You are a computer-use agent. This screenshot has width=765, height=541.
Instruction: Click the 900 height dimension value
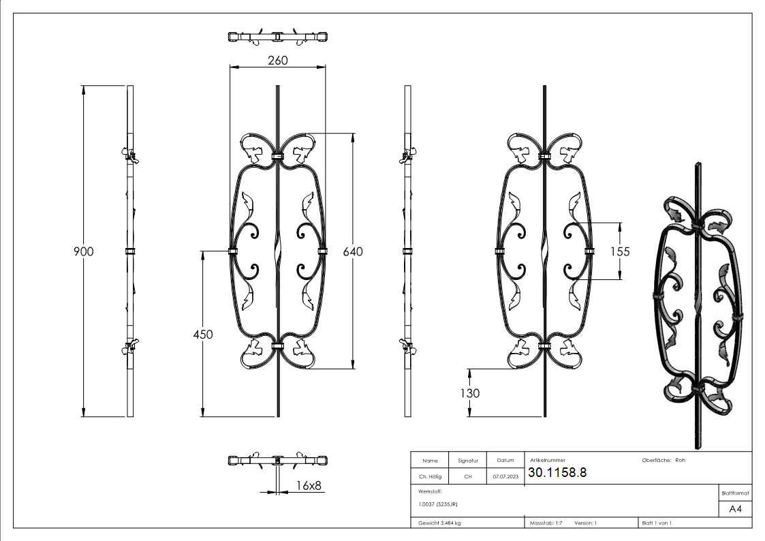pos(83,251)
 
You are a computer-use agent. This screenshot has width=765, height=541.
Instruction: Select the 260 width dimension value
pos(277,60)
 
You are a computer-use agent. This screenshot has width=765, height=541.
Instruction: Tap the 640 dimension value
pos(353,251)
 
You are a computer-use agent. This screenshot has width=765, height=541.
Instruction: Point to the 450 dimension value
pos(202,335)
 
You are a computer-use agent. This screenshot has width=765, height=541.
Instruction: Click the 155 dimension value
pos(620,251)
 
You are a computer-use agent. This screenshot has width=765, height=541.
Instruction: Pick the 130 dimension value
pos(469,393)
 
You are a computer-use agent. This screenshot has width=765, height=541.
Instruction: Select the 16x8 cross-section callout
pos(309,485)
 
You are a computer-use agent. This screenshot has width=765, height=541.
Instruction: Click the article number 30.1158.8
pos(557,472)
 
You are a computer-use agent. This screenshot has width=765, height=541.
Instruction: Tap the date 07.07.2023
pos(505,477)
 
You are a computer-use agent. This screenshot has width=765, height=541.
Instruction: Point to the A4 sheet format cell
pos(735,509)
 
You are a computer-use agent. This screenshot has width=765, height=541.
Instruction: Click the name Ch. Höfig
pos(430,477)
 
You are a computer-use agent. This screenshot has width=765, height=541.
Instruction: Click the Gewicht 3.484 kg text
pos(439,523)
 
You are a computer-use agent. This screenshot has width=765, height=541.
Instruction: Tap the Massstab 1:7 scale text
pos(546,523)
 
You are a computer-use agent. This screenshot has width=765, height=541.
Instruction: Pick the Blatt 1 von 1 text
pos(657,523)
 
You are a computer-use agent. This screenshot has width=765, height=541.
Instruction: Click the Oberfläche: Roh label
pos(663,460)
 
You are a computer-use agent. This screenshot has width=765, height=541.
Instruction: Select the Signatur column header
pos(467,461)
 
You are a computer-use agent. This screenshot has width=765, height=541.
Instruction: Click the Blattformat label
pos(735,493)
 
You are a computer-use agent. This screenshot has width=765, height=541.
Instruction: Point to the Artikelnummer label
pos(548,461)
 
